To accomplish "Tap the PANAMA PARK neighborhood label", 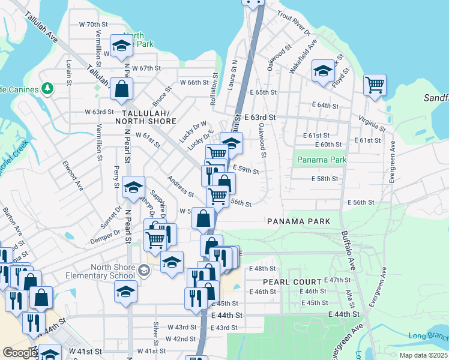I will [299, 221].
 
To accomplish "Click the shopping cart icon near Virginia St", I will [375, 85].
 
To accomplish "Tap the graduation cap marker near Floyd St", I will [323, 71].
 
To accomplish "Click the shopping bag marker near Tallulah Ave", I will [121, 89].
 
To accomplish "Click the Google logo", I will [19, 353].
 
